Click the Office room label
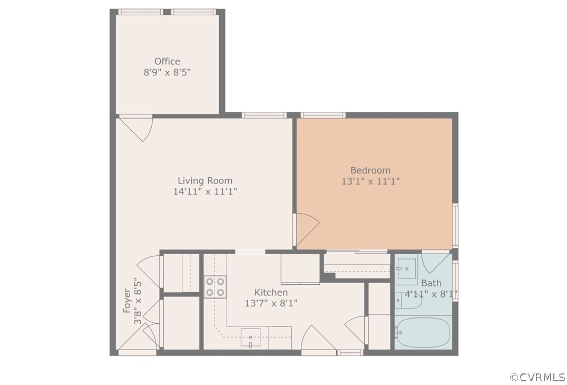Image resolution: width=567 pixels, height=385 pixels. coord(167,61)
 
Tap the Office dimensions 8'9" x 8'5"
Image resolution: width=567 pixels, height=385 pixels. coord(167,73)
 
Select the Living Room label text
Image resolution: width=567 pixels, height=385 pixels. coord(204,180)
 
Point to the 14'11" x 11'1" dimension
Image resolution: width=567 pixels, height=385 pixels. coord(205,191)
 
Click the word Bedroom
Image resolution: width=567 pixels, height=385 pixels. coord(370,170)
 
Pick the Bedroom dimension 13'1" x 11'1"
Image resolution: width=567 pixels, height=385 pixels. coord(370,181)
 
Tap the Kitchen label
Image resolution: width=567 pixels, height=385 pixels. coord(271,292)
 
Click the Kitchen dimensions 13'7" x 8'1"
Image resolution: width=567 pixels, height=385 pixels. coord(271,303)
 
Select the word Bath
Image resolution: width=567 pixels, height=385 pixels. coord(431,283)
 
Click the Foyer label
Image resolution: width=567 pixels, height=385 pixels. coord(127,301)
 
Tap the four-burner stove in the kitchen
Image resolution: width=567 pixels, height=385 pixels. coord(215,286)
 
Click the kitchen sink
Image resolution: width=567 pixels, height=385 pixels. coord(251,337)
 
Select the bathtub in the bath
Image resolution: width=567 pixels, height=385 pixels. coord(423,332)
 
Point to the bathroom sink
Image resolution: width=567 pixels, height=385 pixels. coord(406,268)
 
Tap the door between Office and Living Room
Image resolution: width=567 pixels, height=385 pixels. coord(135,128)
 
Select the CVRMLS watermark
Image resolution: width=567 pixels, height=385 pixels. coord(537,377)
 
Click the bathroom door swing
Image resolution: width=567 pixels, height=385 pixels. coord(435,262)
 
